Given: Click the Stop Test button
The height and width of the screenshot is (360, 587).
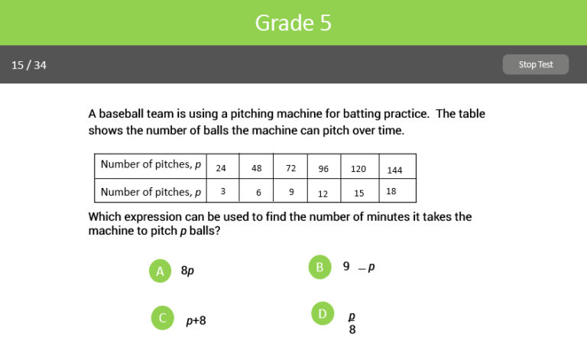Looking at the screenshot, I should (x=535, y=65).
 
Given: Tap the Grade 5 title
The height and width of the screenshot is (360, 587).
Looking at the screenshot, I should (x=293, y=22).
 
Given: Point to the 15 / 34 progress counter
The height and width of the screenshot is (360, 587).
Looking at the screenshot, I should (x=29, y=65).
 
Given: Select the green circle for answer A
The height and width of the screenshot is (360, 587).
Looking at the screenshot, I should (x=160, y=271).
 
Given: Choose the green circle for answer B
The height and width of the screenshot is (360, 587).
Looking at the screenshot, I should (x=319, y=267).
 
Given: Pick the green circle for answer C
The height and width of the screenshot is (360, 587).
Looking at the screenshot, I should (x=161, y=318).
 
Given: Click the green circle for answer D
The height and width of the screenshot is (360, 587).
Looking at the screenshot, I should (x=323, y=313).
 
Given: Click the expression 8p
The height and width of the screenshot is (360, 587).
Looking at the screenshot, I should (x=187, y=271).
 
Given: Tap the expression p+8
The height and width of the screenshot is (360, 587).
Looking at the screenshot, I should (x=196, y=320).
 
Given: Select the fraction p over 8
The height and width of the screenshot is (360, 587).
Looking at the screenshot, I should (x=352, y=323).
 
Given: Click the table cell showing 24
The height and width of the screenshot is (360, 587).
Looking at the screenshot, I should (x=221, y=168).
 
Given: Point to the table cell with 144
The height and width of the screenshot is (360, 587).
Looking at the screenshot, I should (x=394, y=169).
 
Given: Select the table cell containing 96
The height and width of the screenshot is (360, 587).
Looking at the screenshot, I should (x=323, y=168).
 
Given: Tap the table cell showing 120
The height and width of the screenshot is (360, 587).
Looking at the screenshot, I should (x=358, y=168).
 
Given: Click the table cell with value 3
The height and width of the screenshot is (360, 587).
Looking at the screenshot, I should (x=221, y=191).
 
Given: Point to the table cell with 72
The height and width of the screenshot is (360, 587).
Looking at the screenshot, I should (x=290, y=168).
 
